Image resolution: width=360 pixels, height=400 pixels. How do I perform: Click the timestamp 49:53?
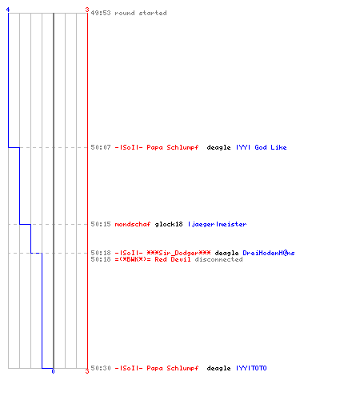coord(101,13)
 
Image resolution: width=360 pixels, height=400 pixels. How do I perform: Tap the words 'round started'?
coord(141,13)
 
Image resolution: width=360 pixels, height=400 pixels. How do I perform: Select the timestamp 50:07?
coord(101,147)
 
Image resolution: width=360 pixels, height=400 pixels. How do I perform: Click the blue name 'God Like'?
coord(270,147)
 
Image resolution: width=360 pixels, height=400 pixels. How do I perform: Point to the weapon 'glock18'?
coord(169,224)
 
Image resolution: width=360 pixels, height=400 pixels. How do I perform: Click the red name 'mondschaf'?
coord(133,224)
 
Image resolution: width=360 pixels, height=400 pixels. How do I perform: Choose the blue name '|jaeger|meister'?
coord(217,224)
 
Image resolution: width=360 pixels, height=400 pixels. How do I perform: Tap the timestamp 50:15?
coord(101,224)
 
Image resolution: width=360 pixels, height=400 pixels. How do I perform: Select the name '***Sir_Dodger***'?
coord(178,253)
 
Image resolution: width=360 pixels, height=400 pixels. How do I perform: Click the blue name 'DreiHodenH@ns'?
coord(269,253)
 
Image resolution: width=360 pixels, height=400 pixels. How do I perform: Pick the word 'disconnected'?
coord(218,259)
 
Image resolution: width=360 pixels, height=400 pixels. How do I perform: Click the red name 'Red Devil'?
coord(173,259)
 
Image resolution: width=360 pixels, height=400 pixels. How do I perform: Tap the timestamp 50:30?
coord(101,368)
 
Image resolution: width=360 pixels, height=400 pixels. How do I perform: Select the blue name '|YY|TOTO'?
coord(251,368)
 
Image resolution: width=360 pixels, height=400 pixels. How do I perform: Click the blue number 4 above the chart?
coord(8,10)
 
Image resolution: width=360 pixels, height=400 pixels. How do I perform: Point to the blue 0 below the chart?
coord(53,371)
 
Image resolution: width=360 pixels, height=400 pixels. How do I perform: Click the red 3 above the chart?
coord(87,10)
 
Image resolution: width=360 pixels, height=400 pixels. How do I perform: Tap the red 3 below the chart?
coord(87,371)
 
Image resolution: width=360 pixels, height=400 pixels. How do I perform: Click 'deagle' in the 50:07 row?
coord(218,147)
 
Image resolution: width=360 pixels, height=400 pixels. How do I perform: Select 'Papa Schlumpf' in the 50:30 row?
coord(173,368)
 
